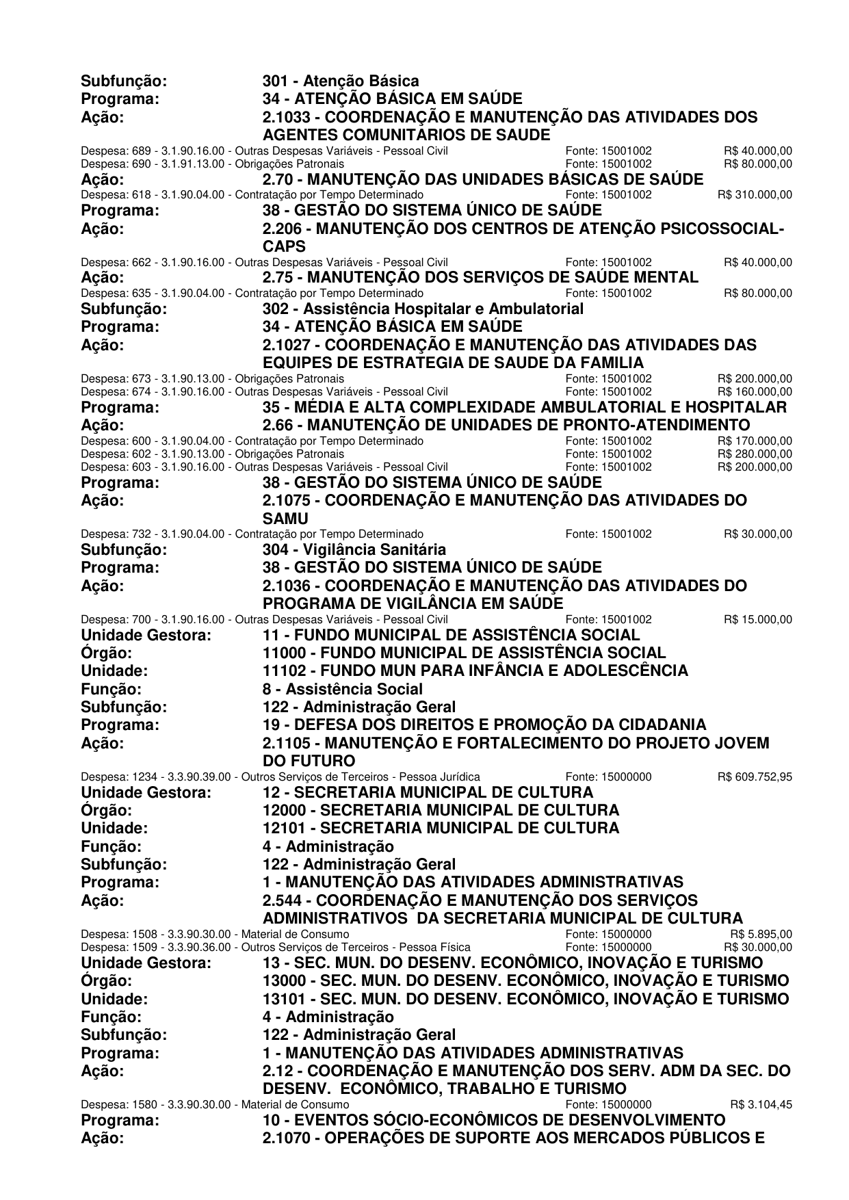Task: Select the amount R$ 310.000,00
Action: tap(755, 194)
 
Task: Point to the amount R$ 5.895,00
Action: tap(761, 934)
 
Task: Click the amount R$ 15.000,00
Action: tap(758, 619)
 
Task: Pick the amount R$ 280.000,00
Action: tap(755, 454)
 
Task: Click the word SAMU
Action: tap(285, 519)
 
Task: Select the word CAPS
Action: tap(284, 246)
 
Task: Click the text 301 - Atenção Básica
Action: tap(341, 81)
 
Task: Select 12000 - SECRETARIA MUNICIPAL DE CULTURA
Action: tap(441, 810)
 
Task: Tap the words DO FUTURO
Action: tap(309, 761)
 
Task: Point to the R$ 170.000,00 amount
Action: tap(755, 441)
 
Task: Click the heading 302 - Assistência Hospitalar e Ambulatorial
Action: tap(423, 309)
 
